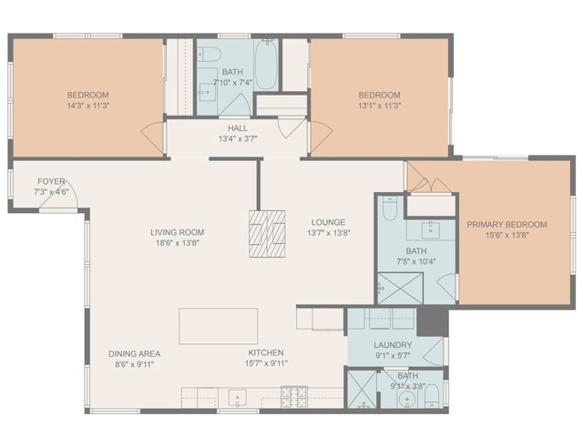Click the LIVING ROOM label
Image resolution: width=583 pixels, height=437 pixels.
coord(178,233)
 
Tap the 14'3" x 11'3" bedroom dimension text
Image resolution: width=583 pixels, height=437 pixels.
coord(88,106)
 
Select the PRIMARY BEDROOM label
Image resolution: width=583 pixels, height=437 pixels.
coord(506,225)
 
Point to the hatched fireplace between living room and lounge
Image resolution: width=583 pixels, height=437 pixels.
coord(267,234)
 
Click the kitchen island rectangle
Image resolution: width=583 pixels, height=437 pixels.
coord(219,326)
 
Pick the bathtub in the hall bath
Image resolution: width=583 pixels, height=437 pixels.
coord(266,65)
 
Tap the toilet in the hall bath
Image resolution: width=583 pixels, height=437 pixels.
coord(209,55)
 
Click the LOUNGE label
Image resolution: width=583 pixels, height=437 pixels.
coord(328,222)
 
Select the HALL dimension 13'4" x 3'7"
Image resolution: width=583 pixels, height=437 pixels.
coord(238,139)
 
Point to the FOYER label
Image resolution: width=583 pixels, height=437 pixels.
coord(51,182)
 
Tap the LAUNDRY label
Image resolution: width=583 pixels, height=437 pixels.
coord(393,345)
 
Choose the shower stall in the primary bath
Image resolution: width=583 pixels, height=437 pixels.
coord(401,289)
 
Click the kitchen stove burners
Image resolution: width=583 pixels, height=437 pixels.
coord(293,397)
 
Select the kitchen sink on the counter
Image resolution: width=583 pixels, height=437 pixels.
coord(238,399)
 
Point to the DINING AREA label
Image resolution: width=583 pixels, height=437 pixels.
coord(135,354)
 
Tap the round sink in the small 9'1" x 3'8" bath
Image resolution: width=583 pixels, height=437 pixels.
coord(407,400)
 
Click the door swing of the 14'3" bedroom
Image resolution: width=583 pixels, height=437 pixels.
coord(153,138)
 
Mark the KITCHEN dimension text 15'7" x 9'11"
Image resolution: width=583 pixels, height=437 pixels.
coord(266,363)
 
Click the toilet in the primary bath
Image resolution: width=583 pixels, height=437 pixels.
coord(390,208)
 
